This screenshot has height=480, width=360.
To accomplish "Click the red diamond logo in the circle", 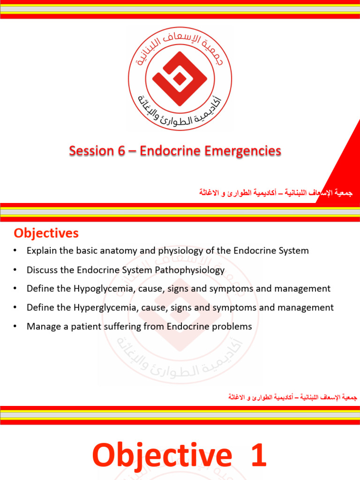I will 180,79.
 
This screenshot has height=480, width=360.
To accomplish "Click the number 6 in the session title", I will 123,151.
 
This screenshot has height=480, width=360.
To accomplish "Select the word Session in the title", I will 91,151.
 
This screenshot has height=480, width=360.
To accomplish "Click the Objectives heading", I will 46,233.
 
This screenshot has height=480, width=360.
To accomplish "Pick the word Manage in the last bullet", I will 41,326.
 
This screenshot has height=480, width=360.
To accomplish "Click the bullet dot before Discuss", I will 15,270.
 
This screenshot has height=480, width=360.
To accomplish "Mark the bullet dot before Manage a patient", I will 15,326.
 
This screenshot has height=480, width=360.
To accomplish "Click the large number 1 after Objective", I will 259,456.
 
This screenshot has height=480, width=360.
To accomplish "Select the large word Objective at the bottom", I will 162,456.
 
